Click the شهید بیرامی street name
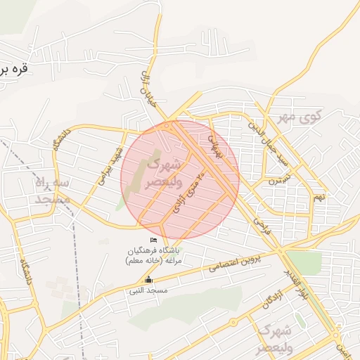[110, 164]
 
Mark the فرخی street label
[262, 226]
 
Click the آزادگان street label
[258, 300]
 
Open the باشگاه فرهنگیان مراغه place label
[154, 256]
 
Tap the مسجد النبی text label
[147, 289]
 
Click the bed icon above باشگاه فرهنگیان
[154, 241]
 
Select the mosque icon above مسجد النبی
[148, 279]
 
